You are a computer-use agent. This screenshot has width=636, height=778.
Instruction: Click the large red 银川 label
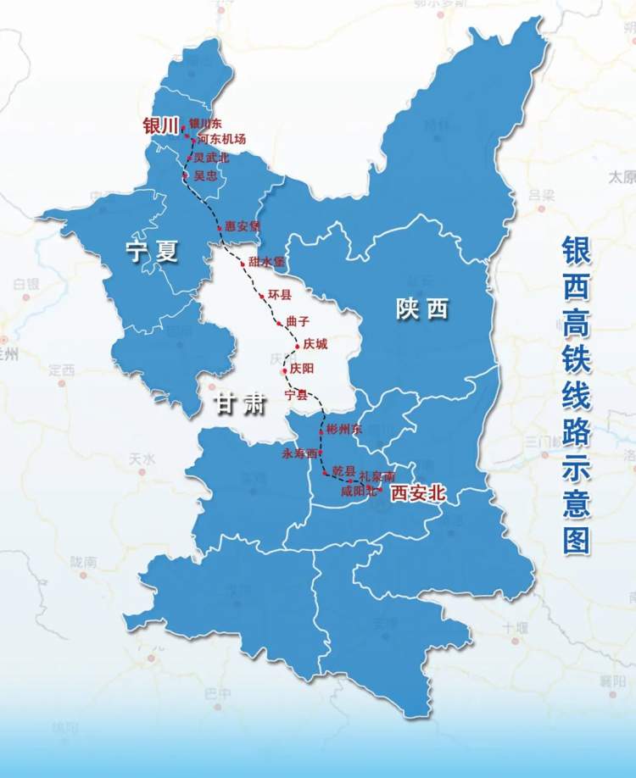coord(160,126)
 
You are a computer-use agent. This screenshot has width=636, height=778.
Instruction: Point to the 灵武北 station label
coord(211,158)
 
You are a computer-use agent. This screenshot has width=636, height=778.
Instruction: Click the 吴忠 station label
coord(206,175)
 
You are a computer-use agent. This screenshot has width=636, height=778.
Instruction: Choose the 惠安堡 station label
coord(243,227)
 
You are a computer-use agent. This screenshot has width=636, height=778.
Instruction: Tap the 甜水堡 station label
coord(267,262)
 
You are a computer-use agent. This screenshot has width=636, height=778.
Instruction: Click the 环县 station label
coord(279,294)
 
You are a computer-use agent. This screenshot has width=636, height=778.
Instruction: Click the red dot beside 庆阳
coord(284,371)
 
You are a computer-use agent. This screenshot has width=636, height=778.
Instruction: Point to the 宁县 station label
coord(296,395)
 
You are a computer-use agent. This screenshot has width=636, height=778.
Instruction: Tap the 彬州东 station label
coord(343,430)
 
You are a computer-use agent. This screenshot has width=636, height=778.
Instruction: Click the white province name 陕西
coord(421,310)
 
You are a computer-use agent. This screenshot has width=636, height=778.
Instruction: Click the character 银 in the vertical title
coord(576,252)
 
